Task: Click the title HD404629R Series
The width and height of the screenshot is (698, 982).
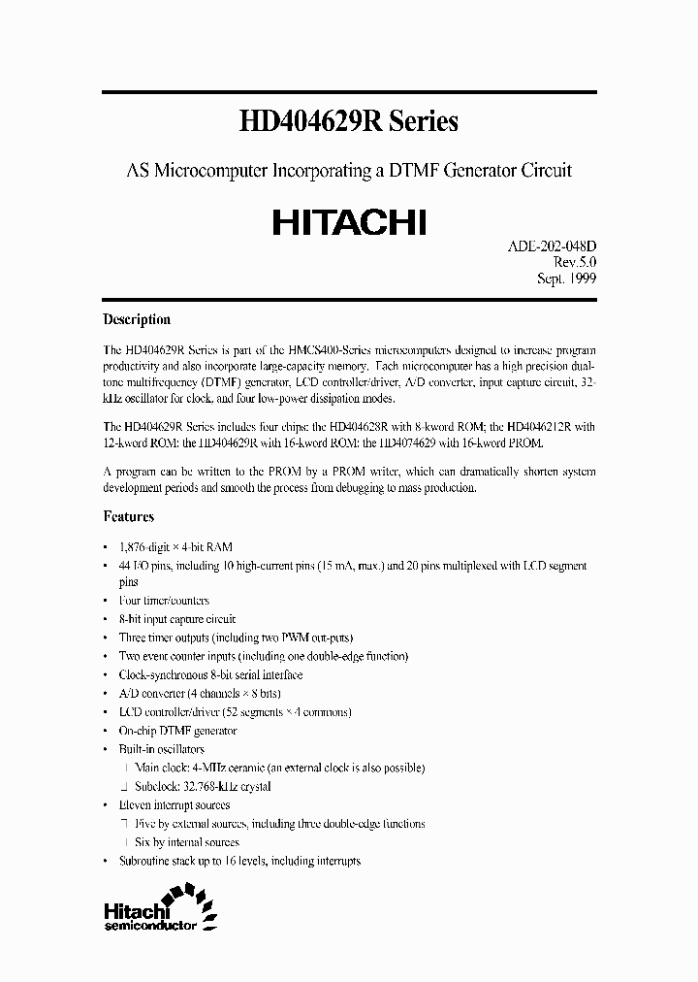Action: click(x=348, y=121)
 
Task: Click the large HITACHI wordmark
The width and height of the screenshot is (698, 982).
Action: click(x=348, y=222)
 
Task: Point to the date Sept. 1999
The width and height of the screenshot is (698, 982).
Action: click(x=566, y=278)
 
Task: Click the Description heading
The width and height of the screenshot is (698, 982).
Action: click(x=137, y=319)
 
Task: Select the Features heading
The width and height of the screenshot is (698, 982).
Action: click(x=129, y=517)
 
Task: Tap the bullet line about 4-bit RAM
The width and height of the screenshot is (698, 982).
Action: click(x=174, y=546)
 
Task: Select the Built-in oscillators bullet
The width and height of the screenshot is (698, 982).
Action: click(x=160, y=749)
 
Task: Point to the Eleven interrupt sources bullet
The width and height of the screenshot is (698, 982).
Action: click(x=173, y=805)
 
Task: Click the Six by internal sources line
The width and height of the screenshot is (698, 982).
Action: click(x=189, y=842)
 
